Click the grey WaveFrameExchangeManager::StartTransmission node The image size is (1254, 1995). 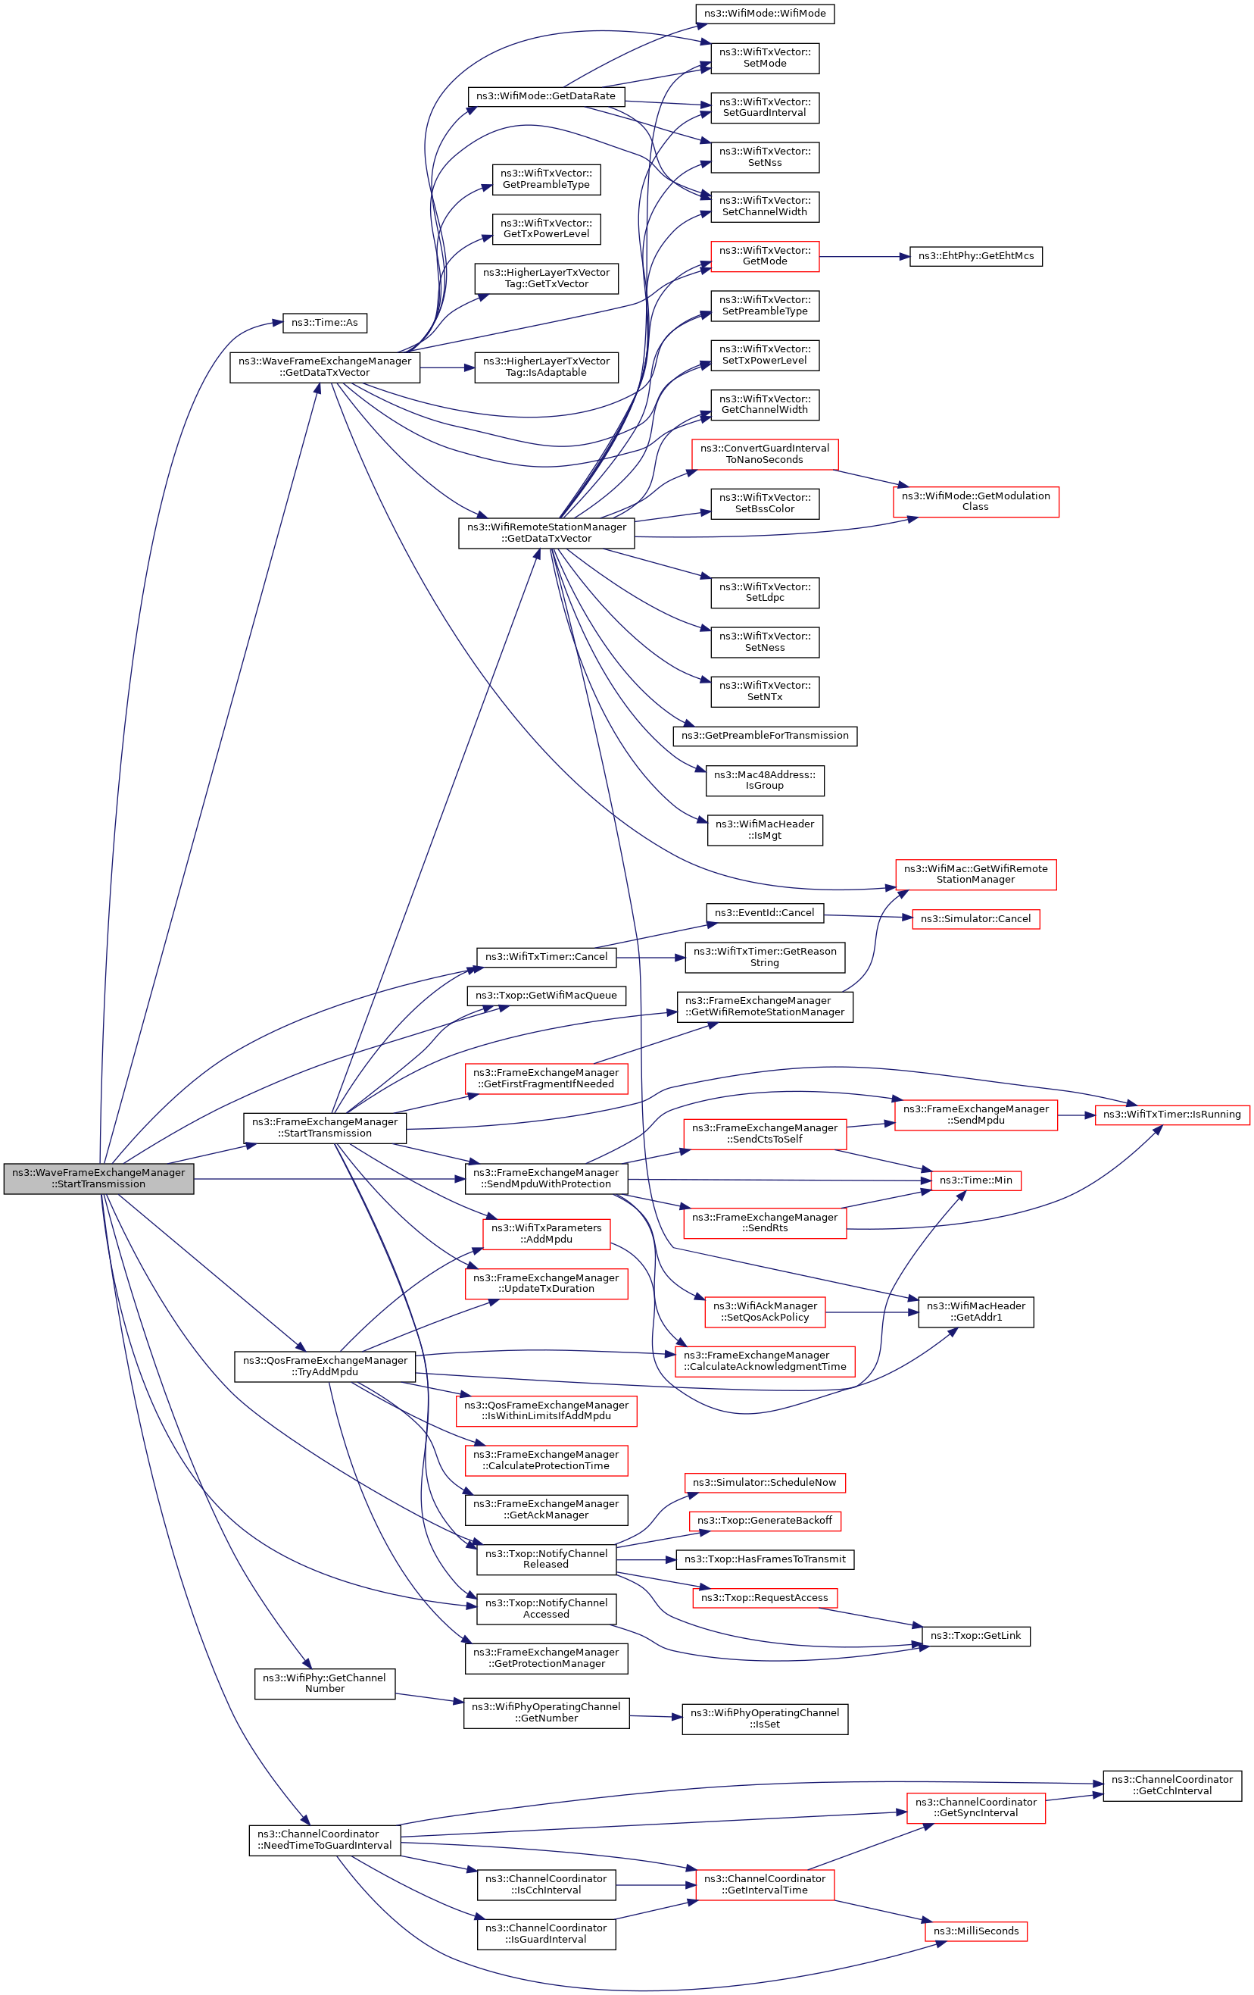(x=98, y=1178)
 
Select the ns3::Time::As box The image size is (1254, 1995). (x=325, y=322)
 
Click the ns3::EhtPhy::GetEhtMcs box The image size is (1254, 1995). (x=975, y=256)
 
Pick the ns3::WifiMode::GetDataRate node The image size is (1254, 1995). (x=545, y=96)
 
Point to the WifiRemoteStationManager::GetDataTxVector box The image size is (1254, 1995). (x=546, y=533)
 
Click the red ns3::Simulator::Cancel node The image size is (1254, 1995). (x=975, y=919)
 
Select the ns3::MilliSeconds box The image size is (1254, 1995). (x=975, y=1931)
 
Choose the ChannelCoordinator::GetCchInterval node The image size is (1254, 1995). (x=1171, y=1784)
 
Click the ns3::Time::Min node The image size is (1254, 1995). (x=975, y=1180)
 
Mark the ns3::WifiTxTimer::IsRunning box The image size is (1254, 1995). (x=1171, y=1115)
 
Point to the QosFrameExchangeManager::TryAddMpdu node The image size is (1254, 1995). (x=324, y=1366)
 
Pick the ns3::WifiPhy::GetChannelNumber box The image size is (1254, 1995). (x=324, y=1683)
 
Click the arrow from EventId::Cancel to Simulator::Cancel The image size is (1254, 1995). (x=867, y=916)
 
